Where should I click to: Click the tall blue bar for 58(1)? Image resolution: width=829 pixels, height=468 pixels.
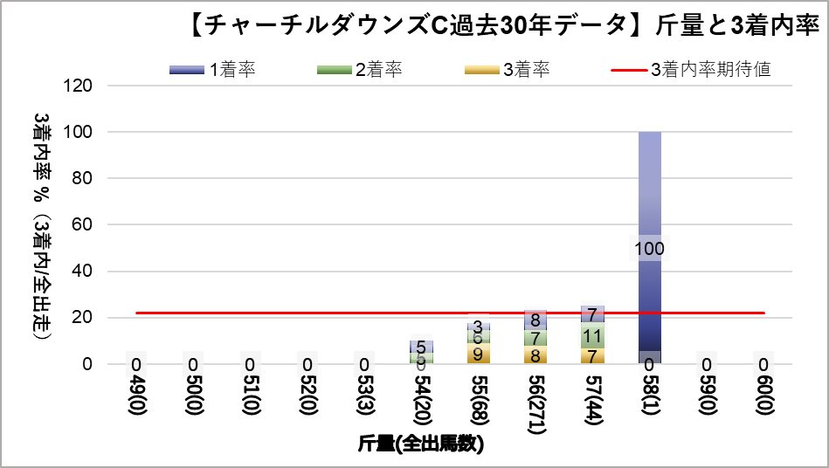649,192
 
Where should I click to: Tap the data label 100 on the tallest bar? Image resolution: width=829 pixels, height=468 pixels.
649,249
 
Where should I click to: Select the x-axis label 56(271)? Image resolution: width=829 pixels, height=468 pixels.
535,405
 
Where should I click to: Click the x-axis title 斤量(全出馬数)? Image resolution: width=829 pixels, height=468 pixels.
421,444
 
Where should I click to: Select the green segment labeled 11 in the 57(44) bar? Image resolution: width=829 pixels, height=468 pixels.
592,336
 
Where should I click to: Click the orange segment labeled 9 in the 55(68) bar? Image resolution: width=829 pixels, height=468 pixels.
478,354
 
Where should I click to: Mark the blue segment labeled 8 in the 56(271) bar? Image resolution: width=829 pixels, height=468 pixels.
535,320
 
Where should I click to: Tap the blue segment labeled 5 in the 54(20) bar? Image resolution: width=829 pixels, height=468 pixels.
421,347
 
